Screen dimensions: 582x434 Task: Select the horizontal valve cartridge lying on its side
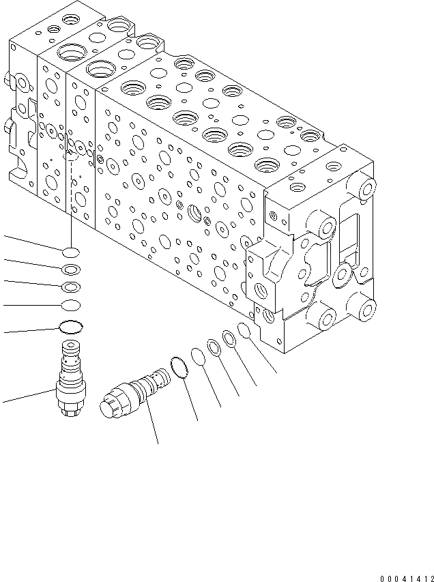coord(135,396)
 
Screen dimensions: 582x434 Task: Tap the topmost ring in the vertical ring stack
coord(71,252)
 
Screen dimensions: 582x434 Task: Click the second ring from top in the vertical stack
coord(71,270)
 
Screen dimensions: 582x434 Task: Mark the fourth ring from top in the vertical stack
coord(71,305)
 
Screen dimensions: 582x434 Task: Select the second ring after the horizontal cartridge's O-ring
coord(214,349)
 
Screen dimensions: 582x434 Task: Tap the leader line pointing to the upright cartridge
coord(27,395)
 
